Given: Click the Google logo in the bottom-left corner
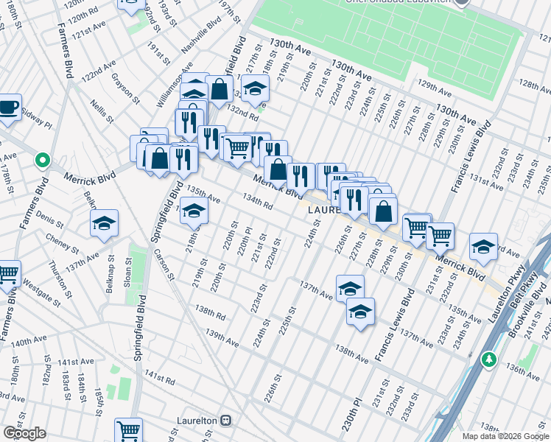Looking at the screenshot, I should click(x=24, y=433).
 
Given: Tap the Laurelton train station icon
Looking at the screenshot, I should click(x=226, y=421).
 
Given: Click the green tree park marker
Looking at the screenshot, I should click(x=488, y=359).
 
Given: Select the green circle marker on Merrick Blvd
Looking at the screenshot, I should click(x=43, y=159).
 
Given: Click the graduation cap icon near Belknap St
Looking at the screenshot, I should click(x=105, y=223).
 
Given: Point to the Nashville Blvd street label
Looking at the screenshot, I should click(x=201, y=35).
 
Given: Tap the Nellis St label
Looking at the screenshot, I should click(x=102, y=113).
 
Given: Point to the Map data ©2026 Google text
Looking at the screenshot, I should click(x=505, y=436).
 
